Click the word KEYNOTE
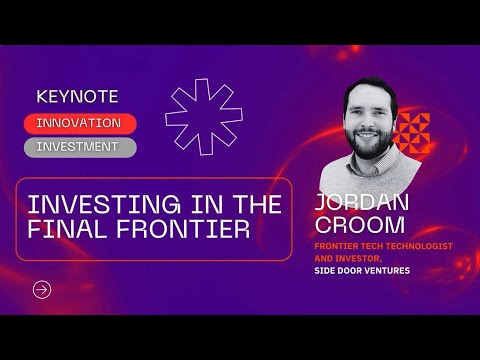77,97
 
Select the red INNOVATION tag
79,123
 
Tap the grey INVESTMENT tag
79,146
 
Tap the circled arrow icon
42,290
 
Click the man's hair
374,87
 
